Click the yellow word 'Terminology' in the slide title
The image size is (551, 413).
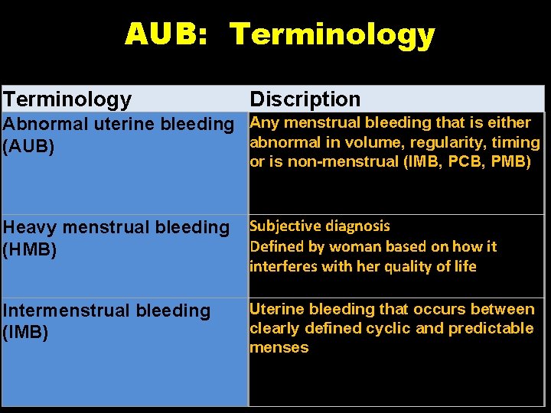332,34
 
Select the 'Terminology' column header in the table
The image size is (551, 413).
67,99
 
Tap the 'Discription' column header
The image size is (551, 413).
305,99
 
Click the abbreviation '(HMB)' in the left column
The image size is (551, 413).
30,250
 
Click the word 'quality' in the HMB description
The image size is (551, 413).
420,267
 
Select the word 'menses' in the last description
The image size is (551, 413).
279,347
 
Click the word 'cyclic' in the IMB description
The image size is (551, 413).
388,328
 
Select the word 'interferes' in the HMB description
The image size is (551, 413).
280,267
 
